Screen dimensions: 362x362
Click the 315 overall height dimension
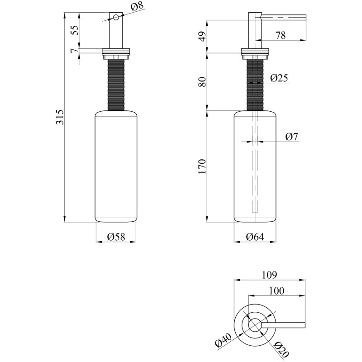60,117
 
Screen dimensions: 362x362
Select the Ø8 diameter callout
138,6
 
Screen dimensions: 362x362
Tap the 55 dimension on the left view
75,30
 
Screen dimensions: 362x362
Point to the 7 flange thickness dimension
74,51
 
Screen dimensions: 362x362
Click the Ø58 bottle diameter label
116,237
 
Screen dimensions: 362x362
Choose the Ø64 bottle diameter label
255,237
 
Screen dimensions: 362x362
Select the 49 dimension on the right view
202,37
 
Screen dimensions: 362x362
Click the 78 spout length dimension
281,35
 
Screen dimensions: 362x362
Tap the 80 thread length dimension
202,82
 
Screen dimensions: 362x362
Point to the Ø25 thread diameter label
279,78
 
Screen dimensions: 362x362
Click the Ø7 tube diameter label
292,137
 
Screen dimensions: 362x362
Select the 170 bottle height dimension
202,166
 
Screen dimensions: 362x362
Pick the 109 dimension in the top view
269,275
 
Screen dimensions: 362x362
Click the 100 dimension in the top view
276,291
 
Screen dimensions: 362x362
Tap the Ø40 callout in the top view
223,340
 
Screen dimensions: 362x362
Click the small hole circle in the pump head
116,17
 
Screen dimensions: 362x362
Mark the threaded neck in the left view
116,85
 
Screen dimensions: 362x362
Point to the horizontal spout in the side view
283,17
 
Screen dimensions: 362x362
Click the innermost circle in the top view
255,325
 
